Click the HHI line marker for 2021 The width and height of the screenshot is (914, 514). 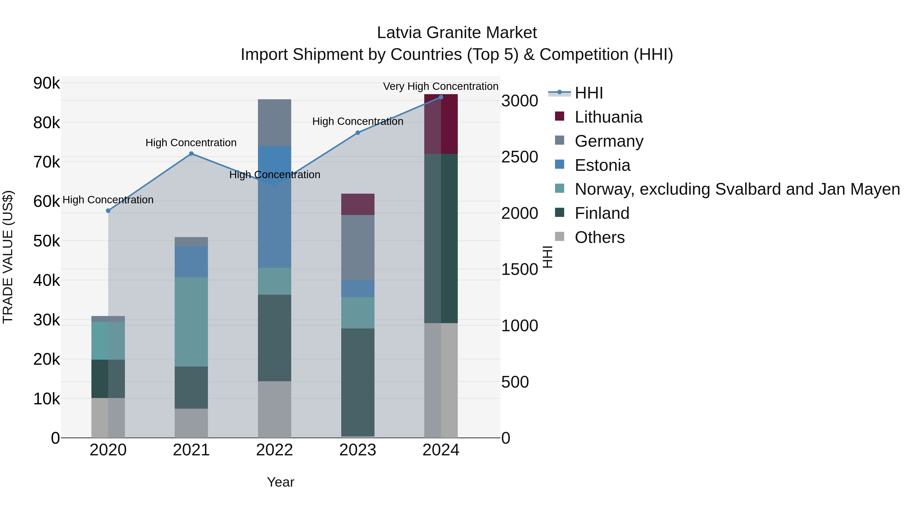pos(191,154)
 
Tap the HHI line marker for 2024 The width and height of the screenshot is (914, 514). pos(441,97)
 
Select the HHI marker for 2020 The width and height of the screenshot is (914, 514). pos(108,211)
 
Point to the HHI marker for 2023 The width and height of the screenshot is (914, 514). pos(358,133)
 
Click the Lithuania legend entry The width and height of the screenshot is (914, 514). pos(608,117)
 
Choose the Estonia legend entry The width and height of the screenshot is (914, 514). pos(602,165)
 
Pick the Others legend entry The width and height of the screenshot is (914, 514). pos(599,237)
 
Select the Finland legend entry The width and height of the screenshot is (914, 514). pos(602,213)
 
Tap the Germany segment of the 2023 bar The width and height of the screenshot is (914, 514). pos(358,247)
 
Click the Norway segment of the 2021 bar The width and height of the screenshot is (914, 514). pos(191,322)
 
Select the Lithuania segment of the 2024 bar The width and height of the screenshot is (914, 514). pos(441,124)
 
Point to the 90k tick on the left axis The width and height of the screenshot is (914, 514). pos(46,83)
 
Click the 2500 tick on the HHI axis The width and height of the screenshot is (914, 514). pos(519,157)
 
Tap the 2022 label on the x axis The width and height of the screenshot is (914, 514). pos(274,450)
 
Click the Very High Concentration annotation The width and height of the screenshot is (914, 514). pos(441,86)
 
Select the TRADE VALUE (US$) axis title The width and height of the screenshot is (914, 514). pos(8,257)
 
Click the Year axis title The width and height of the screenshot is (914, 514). pos(280,482)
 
